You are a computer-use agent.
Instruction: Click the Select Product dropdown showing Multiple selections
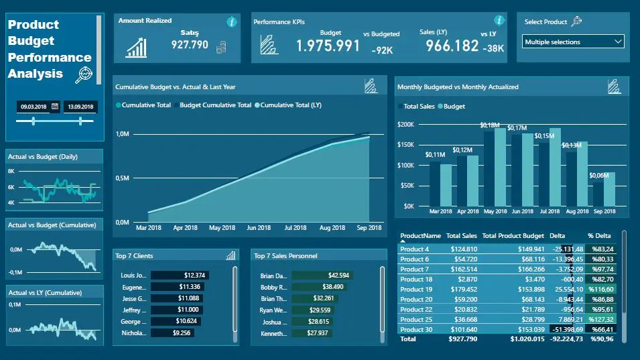click(573, 42)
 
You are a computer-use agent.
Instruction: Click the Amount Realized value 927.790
click(190, 45)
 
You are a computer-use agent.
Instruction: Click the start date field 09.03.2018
click(34, 106)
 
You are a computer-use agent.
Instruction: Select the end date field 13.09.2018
click(79, 106)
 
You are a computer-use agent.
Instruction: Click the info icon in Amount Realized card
click(232, 22)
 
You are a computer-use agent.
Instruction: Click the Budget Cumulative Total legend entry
click(214, 105)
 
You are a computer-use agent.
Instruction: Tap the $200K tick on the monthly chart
click(405, 124)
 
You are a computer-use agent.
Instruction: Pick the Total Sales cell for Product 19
click(462, 290)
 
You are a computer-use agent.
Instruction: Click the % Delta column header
click(600, 236)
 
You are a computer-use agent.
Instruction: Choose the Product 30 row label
click(416, 330)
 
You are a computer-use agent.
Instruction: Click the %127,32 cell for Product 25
click(602, 320)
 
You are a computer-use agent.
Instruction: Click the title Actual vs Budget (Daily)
click(43, 157)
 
